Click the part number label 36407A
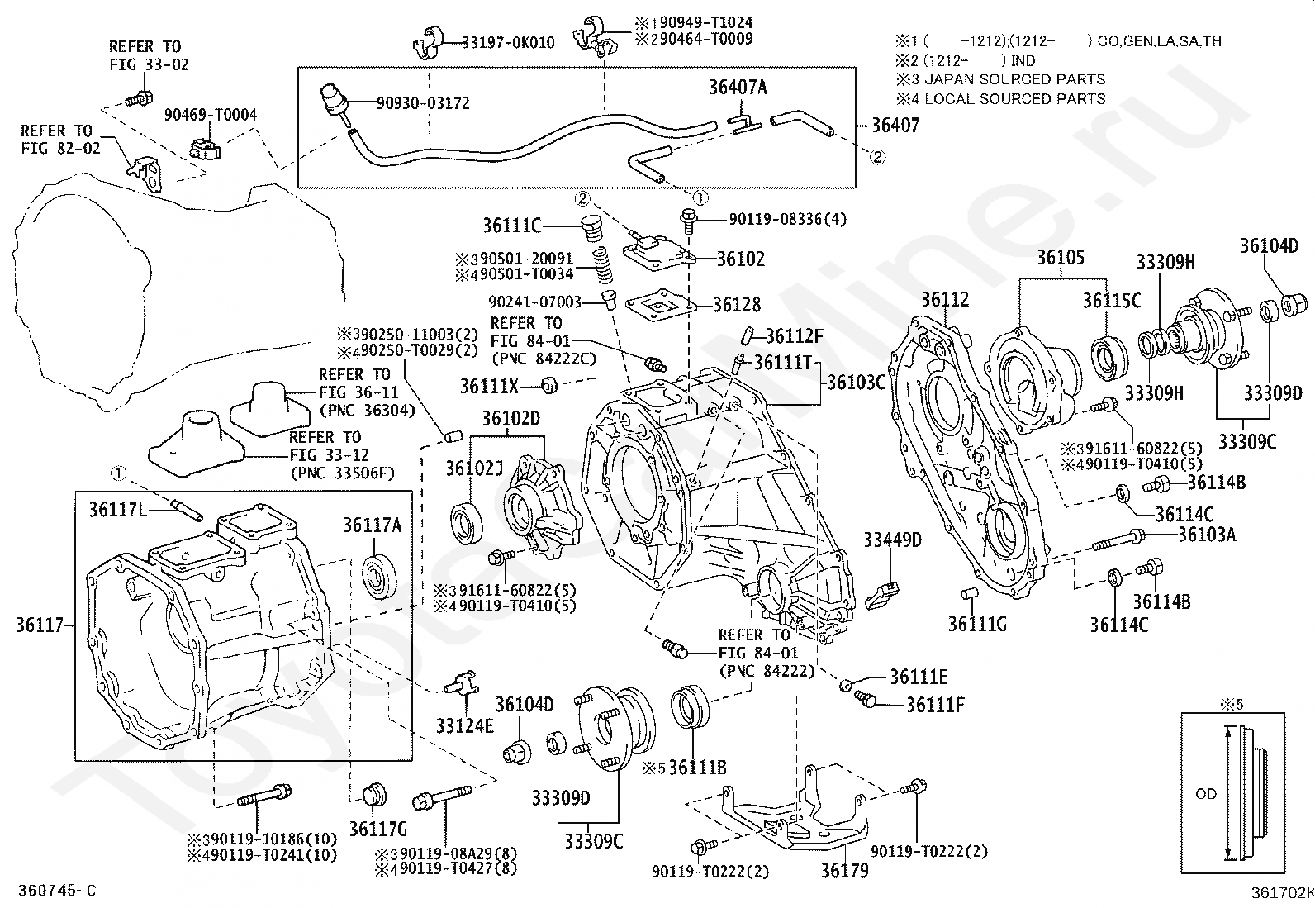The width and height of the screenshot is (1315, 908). (738, 87)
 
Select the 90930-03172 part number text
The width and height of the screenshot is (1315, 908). (423, 103)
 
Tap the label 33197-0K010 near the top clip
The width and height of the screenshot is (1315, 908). (508, 42)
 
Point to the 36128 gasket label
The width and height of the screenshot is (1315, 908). (738, 305)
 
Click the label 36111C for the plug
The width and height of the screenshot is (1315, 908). (512, 225)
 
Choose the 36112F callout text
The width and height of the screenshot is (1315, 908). (795, 336)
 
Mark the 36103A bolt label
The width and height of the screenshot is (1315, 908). (1207, 535)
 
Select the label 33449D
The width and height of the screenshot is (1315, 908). (892, 540)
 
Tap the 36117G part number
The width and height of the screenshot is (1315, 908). (378, 828)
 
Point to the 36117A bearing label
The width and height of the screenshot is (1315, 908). (373, 525)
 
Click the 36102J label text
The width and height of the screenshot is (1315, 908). (475, 468)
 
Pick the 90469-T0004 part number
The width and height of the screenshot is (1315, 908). (210, 115)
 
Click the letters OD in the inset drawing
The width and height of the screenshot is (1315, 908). (1206, 794)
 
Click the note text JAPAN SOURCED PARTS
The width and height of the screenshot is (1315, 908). (1014, 79)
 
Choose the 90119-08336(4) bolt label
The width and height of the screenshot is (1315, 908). (787, 219)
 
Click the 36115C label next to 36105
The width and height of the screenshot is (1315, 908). (1112, 302)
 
